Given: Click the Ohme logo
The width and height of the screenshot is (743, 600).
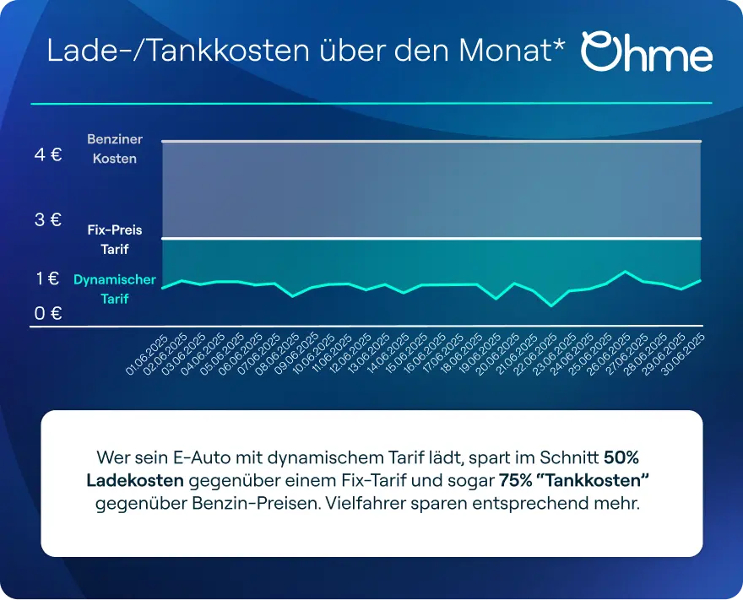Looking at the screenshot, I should click(x=647, y=52).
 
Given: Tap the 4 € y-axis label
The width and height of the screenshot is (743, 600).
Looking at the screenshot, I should click(x=48, y=155).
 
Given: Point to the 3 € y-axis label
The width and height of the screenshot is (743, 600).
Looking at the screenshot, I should click(x=48, y=219).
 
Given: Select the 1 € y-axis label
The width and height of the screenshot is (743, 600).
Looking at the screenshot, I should click(x=47, y=278).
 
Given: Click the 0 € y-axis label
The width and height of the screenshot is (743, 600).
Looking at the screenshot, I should click(x=48, y=314).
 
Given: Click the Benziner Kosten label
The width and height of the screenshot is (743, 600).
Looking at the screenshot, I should click(x=115, y=149).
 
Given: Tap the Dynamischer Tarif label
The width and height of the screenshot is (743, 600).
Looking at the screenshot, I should click(x=115, y=289).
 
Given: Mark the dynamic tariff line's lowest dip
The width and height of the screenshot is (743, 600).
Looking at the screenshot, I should click(x=551, y=305).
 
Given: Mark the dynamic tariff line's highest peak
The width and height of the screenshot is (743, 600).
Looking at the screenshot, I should click(x=625, y=272).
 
